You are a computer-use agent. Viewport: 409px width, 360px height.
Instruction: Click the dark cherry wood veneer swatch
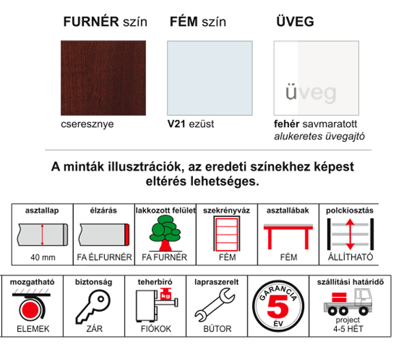pos(104,78)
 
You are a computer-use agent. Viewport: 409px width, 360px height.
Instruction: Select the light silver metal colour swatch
pos(210,78)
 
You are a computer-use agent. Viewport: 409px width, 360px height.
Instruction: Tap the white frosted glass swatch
pos(316,78)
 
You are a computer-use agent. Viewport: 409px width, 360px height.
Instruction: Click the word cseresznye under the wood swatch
pos(87,125)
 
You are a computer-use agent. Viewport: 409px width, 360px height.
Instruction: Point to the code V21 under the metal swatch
pos(177,124)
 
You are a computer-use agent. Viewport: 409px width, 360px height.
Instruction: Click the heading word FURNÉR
pos(91,21)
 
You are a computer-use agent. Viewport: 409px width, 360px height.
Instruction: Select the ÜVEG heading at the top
pos(295,21)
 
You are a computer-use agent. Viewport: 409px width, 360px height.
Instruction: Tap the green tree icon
pos(165,233)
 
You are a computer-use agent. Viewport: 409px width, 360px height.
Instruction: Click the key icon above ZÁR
pos(93,307)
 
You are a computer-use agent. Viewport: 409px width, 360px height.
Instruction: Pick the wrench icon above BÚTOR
pos(215,305)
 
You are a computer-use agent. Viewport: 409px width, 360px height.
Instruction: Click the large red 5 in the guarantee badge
pos(277,306)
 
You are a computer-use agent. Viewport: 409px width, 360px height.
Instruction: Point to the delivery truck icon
pos(348,301)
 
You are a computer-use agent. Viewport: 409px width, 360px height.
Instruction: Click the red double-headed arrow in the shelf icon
pos(350,234)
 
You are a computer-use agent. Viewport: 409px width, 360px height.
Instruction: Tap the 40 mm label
pos(43,258)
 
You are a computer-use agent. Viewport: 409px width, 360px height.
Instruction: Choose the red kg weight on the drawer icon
pos(166,294)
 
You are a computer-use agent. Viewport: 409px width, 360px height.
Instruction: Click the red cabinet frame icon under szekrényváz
pos(227,233)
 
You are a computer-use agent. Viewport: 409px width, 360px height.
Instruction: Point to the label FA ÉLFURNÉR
pos(104,258)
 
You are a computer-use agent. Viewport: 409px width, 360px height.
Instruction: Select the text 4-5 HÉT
pos(348,329)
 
